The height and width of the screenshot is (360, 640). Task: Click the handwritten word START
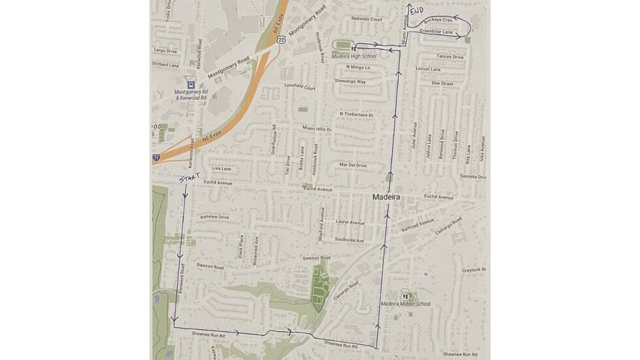[188, 178]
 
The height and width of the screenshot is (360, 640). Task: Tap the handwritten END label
[416, 11]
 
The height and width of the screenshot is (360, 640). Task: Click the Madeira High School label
[354, 56]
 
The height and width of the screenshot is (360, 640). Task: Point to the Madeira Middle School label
[406, 304]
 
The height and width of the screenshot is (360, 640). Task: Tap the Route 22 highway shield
[280, 39]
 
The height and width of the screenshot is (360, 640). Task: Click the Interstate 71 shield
[156, 157]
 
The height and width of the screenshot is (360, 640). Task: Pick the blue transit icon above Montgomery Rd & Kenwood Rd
[190, 84]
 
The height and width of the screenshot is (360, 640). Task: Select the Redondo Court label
[366, 19]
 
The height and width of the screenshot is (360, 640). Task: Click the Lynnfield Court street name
[300, 87]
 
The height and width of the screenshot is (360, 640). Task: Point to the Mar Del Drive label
[353, 165]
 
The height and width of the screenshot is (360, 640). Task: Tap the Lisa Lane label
[222, 169]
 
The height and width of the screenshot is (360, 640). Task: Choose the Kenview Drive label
[215, 217]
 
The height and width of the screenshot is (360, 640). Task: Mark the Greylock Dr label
[473, 270]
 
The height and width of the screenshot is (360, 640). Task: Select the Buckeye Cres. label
[438, 21]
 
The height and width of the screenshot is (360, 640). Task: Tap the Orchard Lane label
[165, 65]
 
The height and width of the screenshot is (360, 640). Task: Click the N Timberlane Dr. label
[356, 115]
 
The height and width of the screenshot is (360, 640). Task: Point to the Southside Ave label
[349, 240]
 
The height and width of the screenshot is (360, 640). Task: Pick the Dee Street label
[442, 84]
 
